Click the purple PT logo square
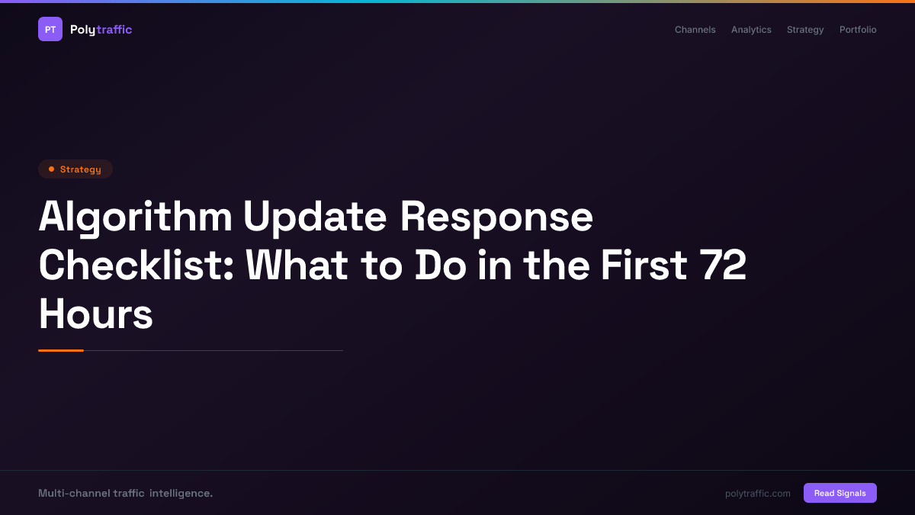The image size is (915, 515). (50, 29)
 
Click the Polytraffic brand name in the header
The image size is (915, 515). (101, 30)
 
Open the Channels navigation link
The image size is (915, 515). (695, 30)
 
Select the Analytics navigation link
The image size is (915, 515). (751, 30)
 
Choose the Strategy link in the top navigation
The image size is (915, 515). (805, 30)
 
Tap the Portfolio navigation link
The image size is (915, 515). (858, 30)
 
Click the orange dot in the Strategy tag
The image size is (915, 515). (51, 169)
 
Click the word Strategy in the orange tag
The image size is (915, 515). (80, 169)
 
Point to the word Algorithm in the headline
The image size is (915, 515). (135, 217)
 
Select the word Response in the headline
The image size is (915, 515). (496, 217)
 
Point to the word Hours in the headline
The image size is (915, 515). (95, 314)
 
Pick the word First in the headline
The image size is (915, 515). (643, 266)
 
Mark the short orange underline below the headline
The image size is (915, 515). (61, 350)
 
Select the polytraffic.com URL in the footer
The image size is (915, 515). (757, 494)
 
